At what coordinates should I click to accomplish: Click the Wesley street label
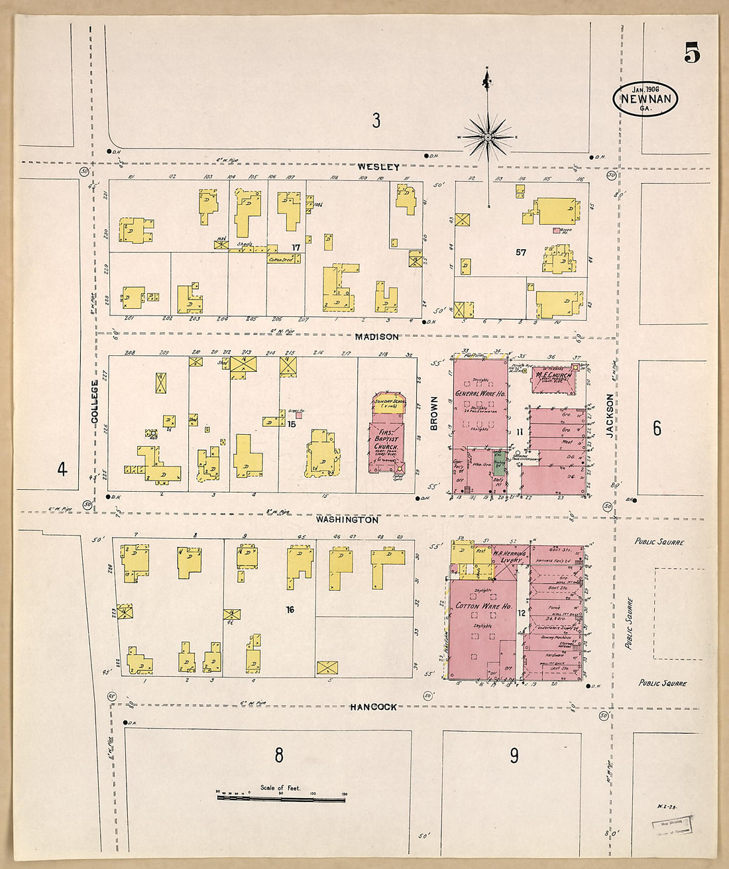click(x=378, y=167)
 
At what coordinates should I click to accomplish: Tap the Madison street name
click(x=376, y=337)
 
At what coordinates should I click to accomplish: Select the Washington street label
click(x=347, y=520)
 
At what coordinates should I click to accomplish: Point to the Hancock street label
click(x=374, y=707)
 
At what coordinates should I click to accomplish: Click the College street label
click(x=95, y=406)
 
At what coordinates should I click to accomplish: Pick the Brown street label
click(x=435, y=414)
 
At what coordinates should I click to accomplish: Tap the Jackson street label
click(x=610, y=416)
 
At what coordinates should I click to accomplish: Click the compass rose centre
click(x=488, y=137)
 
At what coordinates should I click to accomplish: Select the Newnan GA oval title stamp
click(x=645, y=99)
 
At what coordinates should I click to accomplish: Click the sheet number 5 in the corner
click(x=692, y=52)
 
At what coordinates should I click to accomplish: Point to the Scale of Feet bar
click(x=281, y=799)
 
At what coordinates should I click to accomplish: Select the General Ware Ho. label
click(x=480, y=394)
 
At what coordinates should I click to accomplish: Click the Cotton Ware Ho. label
click(x=483, y=607)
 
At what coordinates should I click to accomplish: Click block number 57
click(x=521, y=252)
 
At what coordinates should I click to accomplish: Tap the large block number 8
click(x=279, y=754)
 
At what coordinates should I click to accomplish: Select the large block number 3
click(x=376, y=121)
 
